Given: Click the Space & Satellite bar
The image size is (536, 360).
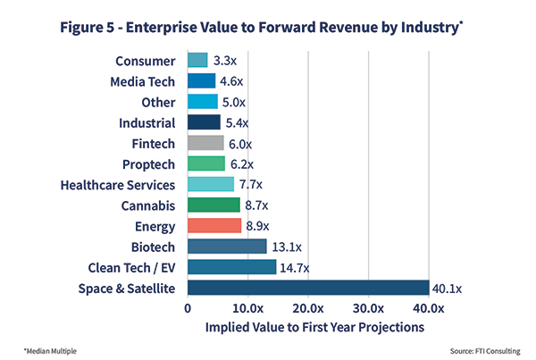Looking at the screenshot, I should point(308,288).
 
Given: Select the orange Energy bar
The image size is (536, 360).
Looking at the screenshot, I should point(214,225).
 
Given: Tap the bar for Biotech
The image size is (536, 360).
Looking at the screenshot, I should point(227,247).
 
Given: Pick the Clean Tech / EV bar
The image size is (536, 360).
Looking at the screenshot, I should point(232,267).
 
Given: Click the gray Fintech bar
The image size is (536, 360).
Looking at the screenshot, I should point(205,143).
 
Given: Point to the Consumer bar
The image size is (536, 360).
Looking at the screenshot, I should point(197,61).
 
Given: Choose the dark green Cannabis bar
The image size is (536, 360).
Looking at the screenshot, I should point(214,205).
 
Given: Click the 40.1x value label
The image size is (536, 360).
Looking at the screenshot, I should point(447,288).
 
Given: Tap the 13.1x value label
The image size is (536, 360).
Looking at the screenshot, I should point(284,247).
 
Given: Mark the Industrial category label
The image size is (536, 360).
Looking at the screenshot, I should point(148,122).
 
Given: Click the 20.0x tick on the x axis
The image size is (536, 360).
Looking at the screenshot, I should point(308,308).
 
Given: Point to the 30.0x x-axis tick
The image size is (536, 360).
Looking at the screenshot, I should point(369,308).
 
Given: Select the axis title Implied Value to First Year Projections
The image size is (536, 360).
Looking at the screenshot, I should point(308,328).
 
